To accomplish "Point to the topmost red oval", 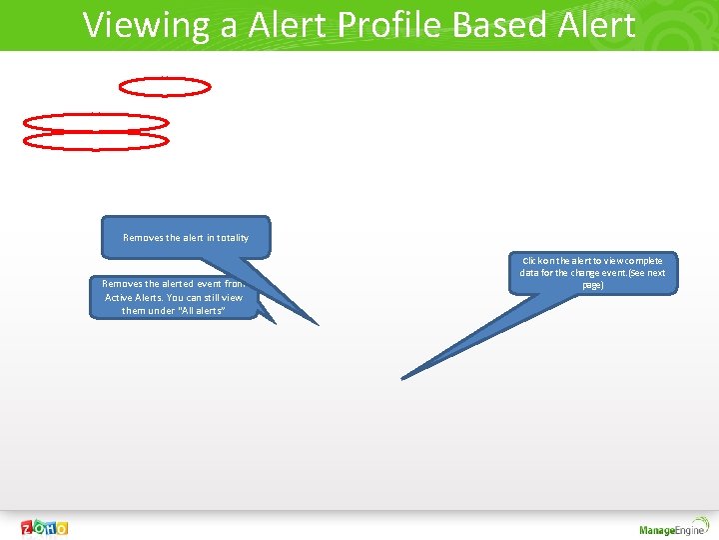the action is pos(165,87).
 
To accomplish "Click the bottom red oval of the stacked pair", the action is pos(96,142).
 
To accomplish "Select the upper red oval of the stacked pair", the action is pos(96,122).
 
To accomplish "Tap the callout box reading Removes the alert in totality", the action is pos(186,237).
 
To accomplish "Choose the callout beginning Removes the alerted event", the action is pos(174,297).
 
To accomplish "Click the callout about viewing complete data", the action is pos(592,273).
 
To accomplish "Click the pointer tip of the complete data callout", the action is pos(402,378).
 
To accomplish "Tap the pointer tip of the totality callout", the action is pos(318,324).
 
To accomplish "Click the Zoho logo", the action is pos(45,527).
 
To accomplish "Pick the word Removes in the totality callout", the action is pos(141,238).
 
